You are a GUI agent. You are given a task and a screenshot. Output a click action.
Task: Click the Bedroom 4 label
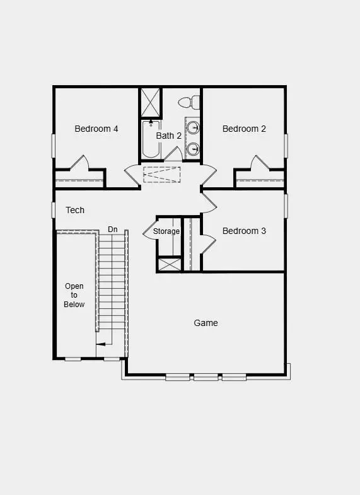(96, 129)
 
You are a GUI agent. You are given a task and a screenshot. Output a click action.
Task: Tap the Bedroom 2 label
(244, 129)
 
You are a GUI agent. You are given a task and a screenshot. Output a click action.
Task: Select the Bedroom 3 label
(244, 231)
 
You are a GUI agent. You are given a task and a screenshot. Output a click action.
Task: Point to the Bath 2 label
(169, 136)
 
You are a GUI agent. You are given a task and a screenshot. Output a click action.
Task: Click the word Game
(206, 323)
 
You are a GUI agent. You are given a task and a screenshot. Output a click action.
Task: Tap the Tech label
(75, 210)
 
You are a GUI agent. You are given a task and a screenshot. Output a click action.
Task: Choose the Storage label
(166, 231)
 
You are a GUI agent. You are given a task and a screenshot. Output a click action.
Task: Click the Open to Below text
(74, 295)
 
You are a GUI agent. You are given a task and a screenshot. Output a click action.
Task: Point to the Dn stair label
(113, 229)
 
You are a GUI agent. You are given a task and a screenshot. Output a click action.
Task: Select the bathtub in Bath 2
(150, 139)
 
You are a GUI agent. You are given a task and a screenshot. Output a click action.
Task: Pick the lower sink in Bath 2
(194, 149)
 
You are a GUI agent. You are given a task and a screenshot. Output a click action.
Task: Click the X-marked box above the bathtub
(151, 102)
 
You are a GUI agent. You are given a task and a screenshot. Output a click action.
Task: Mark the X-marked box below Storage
(168, 264)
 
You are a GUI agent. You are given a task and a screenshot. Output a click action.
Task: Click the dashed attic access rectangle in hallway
(162, 174)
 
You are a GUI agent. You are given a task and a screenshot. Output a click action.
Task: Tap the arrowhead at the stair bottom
(99, 344)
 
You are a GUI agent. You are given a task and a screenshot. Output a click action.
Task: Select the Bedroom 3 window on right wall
(286, 206)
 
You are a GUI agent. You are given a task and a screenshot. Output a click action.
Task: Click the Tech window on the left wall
(54, 210)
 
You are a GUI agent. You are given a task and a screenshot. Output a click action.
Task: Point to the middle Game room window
(206, 378)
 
